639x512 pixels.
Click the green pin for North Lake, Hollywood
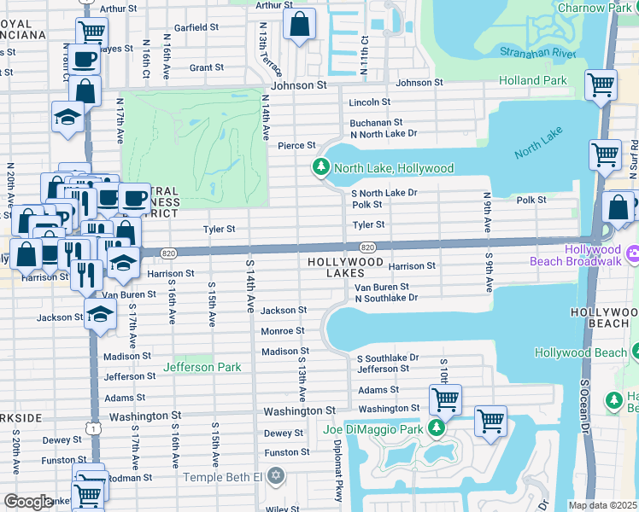click(x=322, y=167)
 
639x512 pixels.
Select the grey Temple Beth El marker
click(x=275, y=475)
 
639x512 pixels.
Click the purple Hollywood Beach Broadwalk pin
click(x=633, y=254)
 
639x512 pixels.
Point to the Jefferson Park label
click(x=202, y=367)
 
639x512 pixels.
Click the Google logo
click(x=28, y=502)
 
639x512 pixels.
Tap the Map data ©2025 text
click(x=602, y=505)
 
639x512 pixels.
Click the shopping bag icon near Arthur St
click(x=300, y=26)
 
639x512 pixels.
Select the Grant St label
click(x=206, y=67)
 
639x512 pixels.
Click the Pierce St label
click(x=296, y=146)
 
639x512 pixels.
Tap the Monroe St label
click(x=282, y=331)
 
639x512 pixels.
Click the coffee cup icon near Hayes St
click(x=84, y=59)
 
